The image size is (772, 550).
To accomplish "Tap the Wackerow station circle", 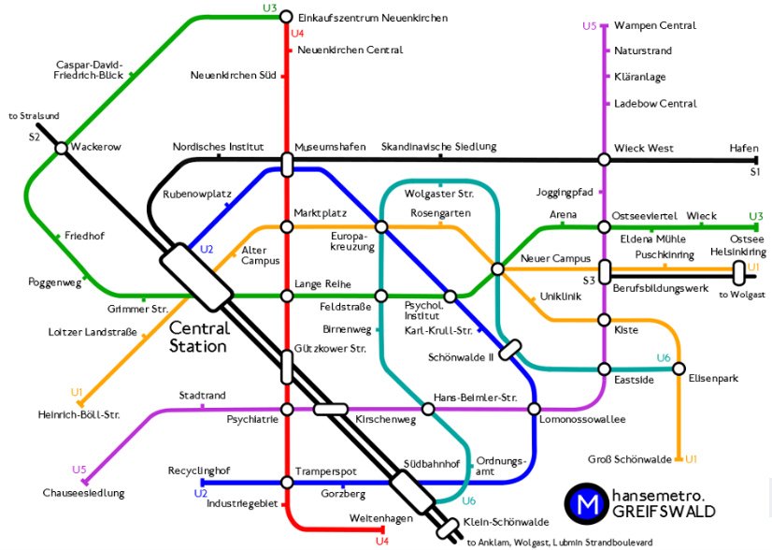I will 61,148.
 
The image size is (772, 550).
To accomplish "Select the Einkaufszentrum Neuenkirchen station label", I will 373,18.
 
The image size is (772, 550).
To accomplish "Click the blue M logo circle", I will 588,503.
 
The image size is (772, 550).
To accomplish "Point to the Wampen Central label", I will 655,26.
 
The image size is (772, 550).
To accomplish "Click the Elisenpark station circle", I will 679,368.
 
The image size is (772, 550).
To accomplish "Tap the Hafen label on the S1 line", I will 745,148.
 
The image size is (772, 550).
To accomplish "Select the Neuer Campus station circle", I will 497,269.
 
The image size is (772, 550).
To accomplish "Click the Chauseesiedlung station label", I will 83,492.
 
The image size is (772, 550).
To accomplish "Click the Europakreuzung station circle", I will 381,227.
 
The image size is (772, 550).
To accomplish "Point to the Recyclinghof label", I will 198,470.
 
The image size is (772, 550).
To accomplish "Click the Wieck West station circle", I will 604,160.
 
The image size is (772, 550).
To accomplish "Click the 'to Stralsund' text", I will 34,116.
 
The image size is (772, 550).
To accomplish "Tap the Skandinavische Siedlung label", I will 438,147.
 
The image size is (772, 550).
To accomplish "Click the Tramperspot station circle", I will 287,484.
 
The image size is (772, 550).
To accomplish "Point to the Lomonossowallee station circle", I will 534,409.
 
